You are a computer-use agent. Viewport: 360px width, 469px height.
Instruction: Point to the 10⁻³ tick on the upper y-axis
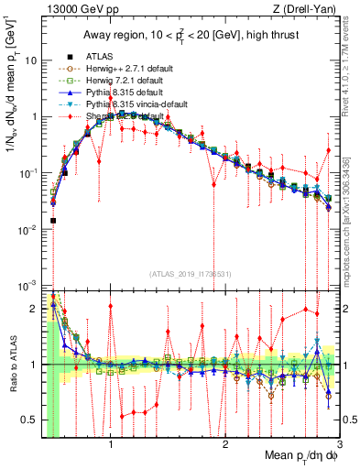(x=28, y=286)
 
